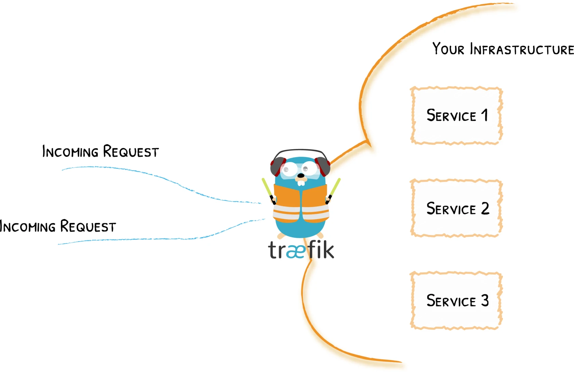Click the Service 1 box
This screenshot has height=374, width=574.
456,115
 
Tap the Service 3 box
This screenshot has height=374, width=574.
456,301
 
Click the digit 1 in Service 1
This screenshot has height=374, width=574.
484,115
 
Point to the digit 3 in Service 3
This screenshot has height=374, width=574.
485,301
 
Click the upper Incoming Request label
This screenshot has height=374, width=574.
100,152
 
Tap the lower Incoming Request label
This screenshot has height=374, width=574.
58,226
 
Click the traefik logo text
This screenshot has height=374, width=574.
301,250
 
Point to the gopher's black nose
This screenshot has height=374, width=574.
301,176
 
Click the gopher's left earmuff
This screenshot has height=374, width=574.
277,166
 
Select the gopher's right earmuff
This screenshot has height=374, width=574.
323,166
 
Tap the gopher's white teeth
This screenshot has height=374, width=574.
301,183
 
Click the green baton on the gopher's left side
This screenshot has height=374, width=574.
267,188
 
